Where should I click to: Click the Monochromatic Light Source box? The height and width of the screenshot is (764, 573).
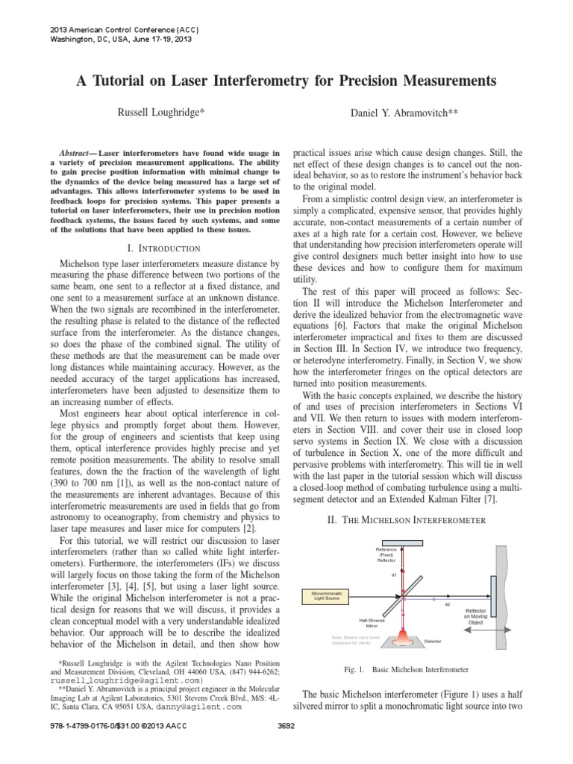click(327, 595)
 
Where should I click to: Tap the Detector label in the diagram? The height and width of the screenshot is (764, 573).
click(433, 642)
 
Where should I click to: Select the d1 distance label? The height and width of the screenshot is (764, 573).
click(394, 575)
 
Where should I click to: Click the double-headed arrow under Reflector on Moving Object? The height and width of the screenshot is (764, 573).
click(475, 632)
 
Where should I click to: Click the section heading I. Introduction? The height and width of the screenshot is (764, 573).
click(160, 248)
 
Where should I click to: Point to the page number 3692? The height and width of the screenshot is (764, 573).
click(286, 747)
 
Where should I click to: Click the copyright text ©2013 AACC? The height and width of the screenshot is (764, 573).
click(155, 747)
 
